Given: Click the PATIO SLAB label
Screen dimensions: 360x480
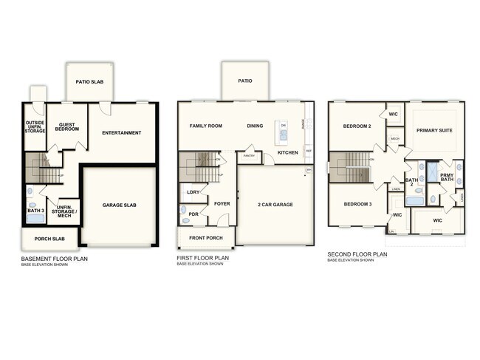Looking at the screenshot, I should coord(93,81).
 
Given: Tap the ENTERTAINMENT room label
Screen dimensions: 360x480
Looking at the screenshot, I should coord(122,133).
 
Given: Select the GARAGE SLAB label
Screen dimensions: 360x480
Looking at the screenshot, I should coord(119,205).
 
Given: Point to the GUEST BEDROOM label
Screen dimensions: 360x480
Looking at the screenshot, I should coord(68,128).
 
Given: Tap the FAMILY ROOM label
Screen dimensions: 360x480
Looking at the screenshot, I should coord(206,126).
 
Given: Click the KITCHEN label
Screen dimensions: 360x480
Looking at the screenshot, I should coord(288,152).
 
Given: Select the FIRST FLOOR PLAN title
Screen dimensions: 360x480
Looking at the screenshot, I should coord(203,259).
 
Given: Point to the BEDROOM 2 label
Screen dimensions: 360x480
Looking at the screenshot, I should coord(357,126).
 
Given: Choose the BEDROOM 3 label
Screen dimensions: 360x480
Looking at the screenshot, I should coord(356,203).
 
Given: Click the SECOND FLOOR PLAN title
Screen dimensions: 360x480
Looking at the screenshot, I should coord(357,254).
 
